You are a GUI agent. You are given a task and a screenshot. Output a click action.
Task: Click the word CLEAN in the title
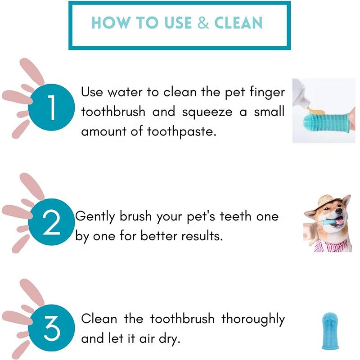238,23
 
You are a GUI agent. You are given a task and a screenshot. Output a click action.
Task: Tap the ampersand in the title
203,23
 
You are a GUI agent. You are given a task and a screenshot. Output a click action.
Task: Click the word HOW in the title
111,23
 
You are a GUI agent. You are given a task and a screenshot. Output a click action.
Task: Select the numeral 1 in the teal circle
52,107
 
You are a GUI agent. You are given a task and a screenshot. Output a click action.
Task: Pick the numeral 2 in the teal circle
51,222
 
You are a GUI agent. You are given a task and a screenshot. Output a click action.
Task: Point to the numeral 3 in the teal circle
52,328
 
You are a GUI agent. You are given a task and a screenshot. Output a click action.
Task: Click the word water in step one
125,92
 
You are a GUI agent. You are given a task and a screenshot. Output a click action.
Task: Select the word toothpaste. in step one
182,132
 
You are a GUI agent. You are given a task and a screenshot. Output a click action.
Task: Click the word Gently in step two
95,217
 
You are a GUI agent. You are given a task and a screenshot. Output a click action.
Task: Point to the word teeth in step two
235,216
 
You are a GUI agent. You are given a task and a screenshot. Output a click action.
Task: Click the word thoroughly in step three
253,319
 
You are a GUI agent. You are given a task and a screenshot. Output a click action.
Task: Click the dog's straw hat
327,202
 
